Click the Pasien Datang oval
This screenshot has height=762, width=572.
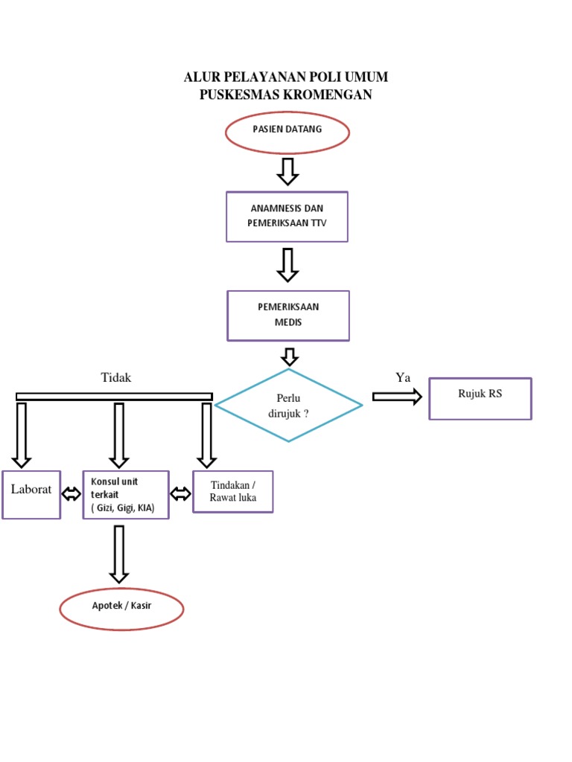[x=287, y=133]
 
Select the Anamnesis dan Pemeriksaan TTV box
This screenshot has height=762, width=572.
[x=287, y=217]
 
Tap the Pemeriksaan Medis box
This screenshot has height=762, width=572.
[x=287, y=316]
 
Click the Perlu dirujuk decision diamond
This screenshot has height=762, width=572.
[x=288, y=406]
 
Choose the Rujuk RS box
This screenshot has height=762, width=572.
[x=480, y=399]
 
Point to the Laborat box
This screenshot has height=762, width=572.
[x=31, y=494]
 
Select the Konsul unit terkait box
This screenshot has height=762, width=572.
[x=126, y=495]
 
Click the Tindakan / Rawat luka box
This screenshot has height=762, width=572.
[x=232, y=492]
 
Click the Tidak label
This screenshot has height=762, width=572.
[x=116, y=378]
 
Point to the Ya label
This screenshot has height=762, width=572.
[x=403, y=378]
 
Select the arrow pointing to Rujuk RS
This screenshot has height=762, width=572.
[x=396, y=397]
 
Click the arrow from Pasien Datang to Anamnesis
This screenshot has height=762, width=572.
[x=287, y=170]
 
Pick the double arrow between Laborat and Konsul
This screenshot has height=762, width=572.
[x=71, y=494]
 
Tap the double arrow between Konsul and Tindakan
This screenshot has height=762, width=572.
[x=181, y=493]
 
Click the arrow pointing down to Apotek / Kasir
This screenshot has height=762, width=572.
[x=118, y=554]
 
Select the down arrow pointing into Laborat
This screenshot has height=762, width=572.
[x=22, y=435]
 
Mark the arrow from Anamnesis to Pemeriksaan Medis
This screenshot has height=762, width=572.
[x=287, y=265]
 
